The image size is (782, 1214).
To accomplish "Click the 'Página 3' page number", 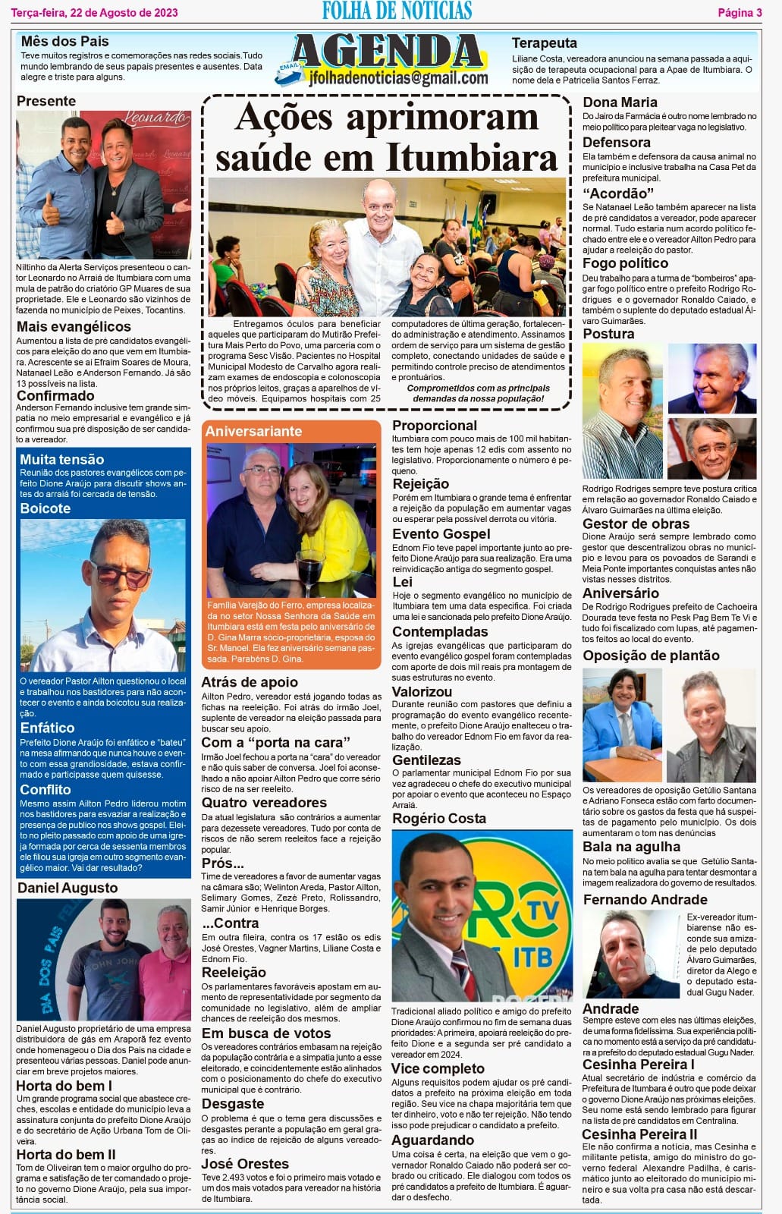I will pos(740,12).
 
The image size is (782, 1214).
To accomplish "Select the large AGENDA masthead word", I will pos(389,52).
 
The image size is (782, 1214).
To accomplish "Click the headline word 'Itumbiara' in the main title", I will pos(471,157).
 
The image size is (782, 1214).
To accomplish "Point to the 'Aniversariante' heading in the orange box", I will pos(253,431).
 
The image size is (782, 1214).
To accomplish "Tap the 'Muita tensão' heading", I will pos(61,459).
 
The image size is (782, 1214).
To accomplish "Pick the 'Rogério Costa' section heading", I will pos(438,818).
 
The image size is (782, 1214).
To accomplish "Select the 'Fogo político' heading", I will pos(625,263).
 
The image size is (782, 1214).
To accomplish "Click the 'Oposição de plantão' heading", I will pos(651,656).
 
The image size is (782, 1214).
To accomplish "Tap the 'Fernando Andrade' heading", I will pos(645,899).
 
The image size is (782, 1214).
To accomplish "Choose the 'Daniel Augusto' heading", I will pos(68,888).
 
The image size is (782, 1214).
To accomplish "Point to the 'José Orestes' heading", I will pos(245,1163).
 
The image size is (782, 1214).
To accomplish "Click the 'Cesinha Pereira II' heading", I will pos(639,1134).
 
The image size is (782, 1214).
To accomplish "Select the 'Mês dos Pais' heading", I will pos(64,41).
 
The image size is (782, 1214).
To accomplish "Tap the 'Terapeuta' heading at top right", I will pos(544,43).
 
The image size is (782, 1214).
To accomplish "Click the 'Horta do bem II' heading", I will pos(66,1154).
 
